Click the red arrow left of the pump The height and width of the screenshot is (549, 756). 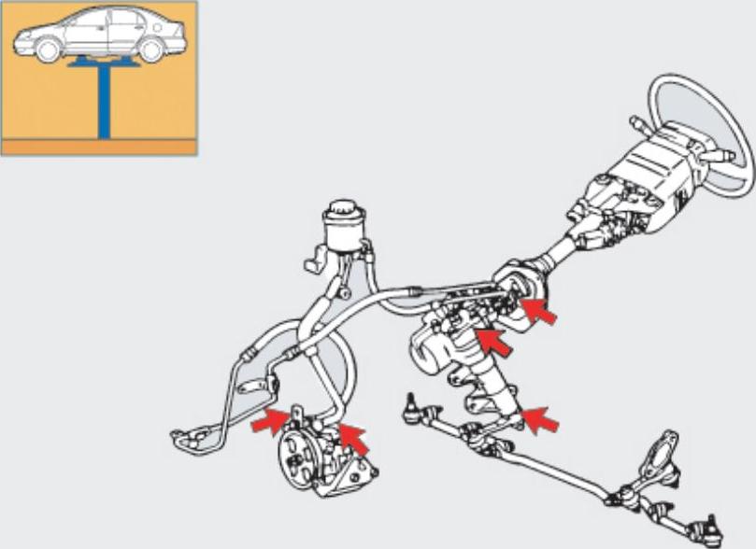(270, 422)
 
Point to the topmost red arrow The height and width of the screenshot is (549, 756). (539, 310)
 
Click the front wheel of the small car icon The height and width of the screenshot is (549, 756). (50, 49)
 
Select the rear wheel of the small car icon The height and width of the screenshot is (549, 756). (150, 49)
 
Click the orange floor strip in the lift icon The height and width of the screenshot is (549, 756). (98, 147)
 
